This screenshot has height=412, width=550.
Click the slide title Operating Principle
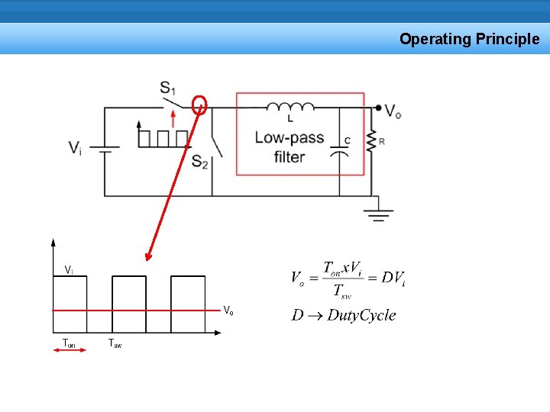(469, 39)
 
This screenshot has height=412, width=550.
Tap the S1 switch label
(168, 88)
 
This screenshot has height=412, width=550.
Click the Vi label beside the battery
(75, 147)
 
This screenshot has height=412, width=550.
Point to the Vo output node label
(393, 111)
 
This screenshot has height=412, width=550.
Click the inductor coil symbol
(291, 108)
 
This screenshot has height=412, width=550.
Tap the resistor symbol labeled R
(372, 141)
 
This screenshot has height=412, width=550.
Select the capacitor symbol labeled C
(340, 153)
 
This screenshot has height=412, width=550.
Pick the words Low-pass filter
(290, 147)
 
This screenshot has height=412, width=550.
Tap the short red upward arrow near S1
(173, 118)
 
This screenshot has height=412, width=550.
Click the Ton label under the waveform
(69, 343)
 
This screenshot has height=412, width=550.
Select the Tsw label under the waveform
(115, 343)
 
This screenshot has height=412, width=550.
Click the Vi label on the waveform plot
(69, 269)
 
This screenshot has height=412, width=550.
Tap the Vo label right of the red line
(228, 310)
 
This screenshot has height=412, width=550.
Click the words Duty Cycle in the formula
(361, 315)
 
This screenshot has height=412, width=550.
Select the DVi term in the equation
(393, 278)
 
